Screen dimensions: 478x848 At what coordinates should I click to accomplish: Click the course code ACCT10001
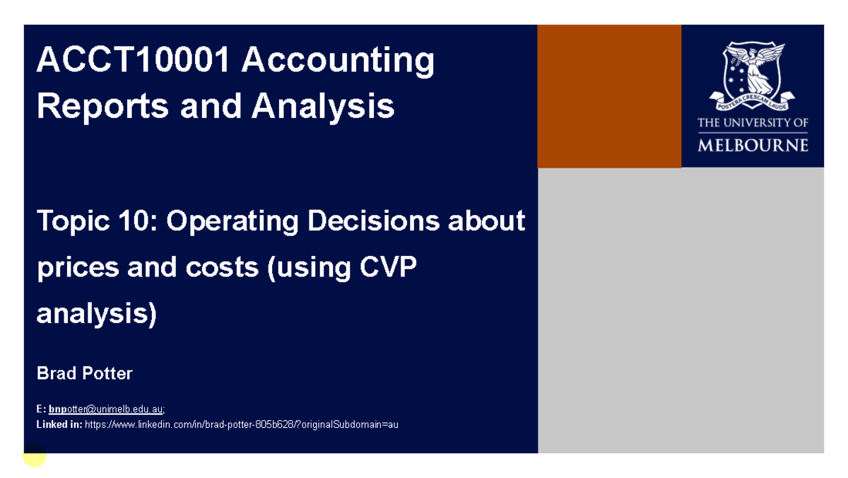pos(132,61)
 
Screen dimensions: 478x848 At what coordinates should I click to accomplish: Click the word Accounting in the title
pos(337,61)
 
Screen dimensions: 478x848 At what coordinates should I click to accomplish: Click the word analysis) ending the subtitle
pos(96,313)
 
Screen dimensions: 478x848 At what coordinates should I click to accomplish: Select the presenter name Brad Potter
pos(84,373)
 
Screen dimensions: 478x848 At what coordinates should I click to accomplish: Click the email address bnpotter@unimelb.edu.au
pos(106,409)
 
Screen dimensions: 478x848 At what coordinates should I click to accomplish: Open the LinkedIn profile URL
pos(241,425)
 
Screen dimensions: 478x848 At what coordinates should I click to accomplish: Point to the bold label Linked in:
pos(59,425)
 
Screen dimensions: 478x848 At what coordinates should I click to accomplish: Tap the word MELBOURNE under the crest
pos(753,146)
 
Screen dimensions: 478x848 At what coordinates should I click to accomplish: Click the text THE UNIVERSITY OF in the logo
pos(753,123)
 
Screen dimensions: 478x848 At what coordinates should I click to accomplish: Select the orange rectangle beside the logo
pos(609,96)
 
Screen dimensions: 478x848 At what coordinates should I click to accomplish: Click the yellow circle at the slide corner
pos(34,455)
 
